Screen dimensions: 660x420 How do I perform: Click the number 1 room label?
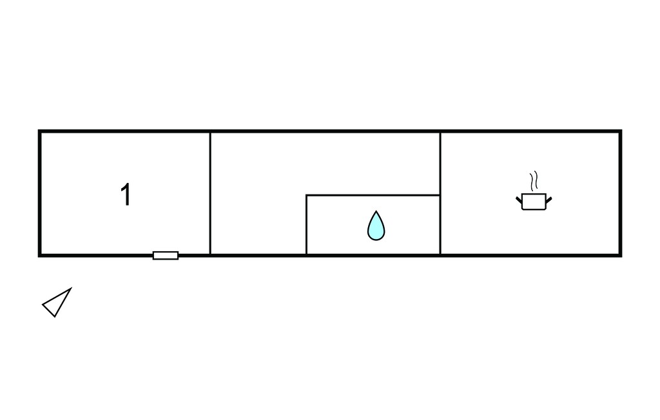(x=126, y=195)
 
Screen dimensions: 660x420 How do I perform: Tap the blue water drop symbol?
(x=376, y=226)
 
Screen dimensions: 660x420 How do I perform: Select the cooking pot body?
(x=534, y=202)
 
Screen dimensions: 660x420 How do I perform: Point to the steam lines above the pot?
(x=534, y=181)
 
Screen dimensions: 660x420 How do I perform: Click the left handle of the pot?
(x=519, y=200)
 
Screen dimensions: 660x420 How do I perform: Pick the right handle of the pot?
(x=549, y=200)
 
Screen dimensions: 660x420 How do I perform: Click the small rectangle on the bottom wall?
(x=166, y=256)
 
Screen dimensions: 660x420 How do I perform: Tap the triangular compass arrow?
(x=57, y=302)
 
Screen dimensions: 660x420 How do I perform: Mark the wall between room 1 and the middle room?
(x=210, y=194)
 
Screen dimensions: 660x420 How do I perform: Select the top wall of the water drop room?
(x=373, y=195)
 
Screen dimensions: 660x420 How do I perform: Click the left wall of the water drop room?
(x=306, y=225)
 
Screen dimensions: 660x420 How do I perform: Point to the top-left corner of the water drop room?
(x=306, y=195)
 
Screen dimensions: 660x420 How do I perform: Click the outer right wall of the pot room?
(x=621, y=194)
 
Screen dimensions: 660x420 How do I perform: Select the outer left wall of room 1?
(x=39, y=194)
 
